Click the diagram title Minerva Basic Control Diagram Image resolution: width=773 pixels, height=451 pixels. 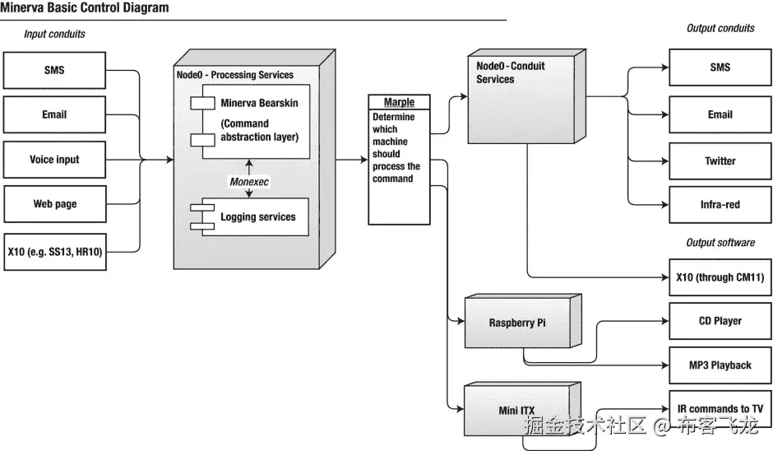(85, 8)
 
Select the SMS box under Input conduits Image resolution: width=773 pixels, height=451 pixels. (54, 71)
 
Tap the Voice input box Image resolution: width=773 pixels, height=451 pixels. (54, 160)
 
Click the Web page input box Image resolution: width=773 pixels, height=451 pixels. (54, 204)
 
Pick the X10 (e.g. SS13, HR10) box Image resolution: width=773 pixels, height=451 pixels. (54, 251)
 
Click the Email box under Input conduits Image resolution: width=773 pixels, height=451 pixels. (54, 115)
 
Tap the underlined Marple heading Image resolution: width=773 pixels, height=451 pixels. (399, 102)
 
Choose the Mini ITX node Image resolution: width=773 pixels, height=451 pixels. (517, 410)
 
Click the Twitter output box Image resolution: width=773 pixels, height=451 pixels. (720, 161)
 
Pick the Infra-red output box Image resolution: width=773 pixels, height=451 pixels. (720, 205)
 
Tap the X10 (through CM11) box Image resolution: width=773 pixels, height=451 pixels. (720, 277)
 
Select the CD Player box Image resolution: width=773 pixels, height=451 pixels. (720, 322)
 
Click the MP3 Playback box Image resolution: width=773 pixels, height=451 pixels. (720, 365)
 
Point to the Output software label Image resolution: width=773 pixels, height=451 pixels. (720, 243)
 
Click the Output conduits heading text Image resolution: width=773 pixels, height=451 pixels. (720, 29)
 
